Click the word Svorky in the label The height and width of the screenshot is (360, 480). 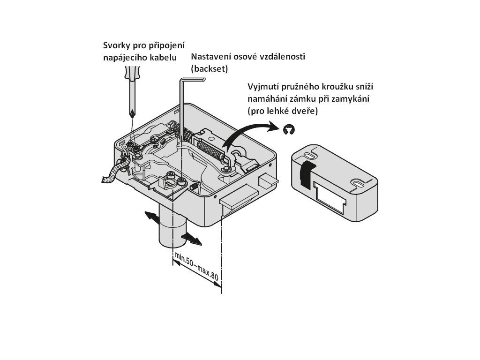pos(116,46)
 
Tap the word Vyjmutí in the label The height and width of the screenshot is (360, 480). pos(263,88)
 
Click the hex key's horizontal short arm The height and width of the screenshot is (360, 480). pos(193,81)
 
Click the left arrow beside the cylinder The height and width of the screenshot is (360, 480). pos(151,217)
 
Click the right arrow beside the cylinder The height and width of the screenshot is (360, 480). pos(193,239)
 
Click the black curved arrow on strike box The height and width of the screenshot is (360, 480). pos(304,173)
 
